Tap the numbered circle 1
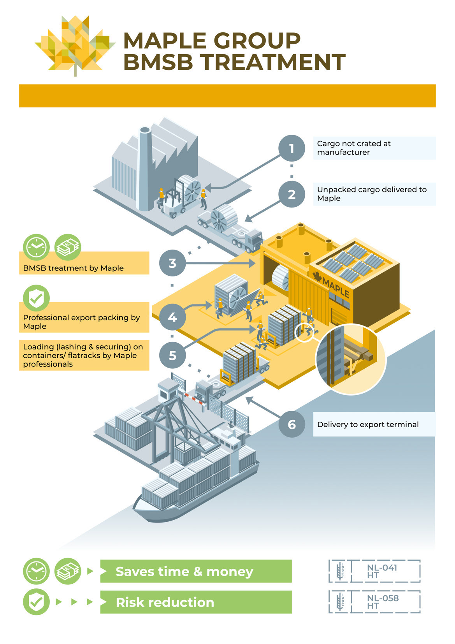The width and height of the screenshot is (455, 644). [x=292, y=148]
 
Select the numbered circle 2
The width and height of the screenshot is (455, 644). [x=292, y=194]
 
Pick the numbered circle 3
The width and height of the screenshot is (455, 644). [x=172, y=263]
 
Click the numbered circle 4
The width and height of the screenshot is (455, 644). [x=172, y=317]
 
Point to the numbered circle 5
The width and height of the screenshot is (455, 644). [x=172, y=355]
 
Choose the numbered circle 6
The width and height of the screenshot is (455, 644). [x=292, y=424]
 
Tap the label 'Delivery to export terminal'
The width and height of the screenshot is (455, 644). [x=368, y=424]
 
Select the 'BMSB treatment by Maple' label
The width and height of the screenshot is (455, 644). [x=73, y=268]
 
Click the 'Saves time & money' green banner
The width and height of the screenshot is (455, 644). [x=196, y=571]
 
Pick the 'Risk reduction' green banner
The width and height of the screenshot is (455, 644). [x=196, y=602]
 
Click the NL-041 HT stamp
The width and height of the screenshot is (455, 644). [x=374, y=571]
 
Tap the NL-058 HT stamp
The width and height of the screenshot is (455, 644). [x=374, y=602]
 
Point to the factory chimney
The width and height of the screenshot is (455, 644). [x=144, y=167]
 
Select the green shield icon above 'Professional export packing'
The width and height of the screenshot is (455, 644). [x=36, y=298]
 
